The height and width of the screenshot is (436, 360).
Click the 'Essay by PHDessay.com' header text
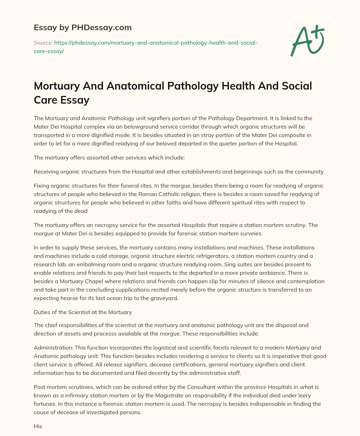[x=83, y=27]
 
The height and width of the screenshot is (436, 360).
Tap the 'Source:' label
[x=43, y=43]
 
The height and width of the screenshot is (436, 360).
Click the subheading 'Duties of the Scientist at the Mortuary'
[x=83, y=312]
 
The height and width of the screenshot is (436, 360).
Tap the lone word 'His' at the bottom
[x=38, y=427]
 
